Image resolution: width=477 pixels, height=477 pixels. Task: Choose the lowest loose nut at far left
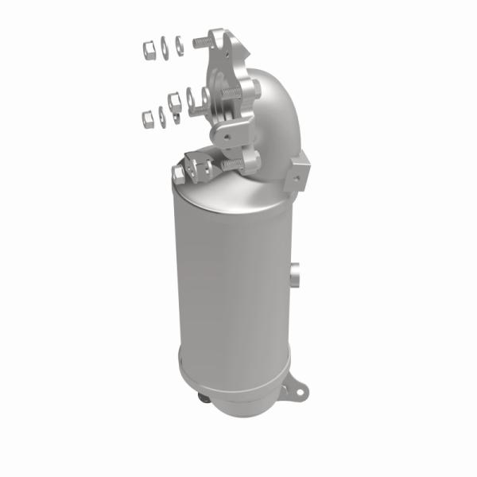pyautogui.click(x=147, y=118)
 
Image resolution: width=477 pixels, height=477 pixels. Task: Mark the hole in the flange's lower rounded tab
pyautogui.click(x=227, y=138)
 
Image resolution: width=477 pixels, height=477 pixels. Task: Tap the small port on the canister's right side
pyautogui.click(x=295, y=275)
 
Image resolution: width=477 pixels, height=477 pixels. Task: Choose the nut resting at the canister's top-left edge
pyautogui.click(x=178, y=172)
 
